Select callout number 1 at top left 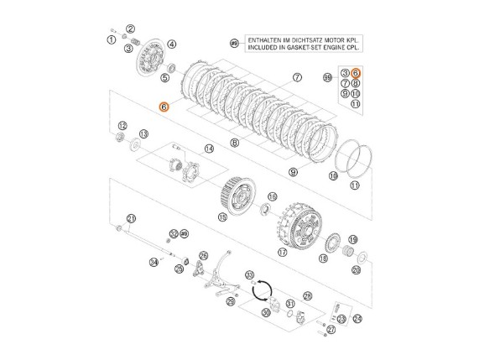(x=111, y=40)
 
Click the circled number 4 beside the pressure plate (x=172, y=44)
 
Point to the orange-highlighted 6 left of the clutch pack (x=164, y=107)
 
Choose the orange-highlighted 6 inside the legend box (x=356, y=73)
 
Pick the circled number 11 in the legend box (x=356, y=104)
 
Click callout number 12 (x=122, y=125)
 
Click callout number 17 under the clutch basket (x=283, y=251)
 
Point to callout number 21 (x=130, y=219)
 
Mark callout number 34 (x=154, y=263)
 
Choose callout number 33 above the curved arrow (x=249, y=274)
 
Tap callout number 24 (x=358, y=319)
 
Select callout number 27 (x=331, y=330)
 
